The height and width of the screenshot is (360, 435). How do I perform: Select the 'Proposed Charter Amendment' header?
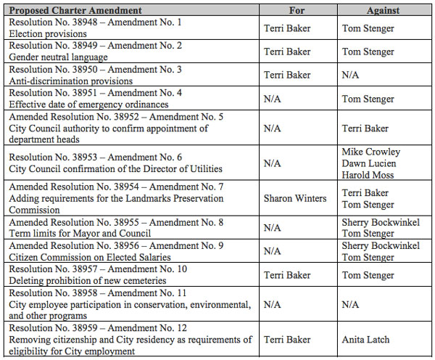(75, 12)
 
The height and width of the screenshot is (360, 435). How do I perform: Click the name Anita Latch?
(367, 340)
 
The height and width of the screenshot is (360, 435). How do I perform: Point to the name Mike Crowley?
(371, 152)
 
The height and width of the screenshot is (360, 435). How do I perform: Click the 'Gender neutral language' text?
(58, 57)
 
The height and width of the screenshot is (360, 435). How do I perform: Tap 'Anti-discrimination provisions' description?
(70, 81)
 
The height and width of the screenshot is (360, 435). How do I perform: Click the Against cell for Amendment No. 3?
(352, 75)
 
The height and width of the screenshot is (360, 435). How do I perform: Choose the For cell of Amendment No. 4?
(273, 98)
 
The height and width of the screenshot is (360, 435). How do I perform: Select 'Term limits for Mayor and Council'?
(80, 233)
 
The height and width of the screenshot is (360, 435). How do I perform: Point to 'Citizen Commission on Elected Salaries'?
(88, 257)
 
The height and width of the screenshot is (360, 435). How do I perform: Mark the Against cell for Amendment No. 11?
(352, 304)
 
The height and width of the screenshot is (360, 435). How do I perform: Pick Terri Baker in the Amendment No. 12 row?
(287, 340)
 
